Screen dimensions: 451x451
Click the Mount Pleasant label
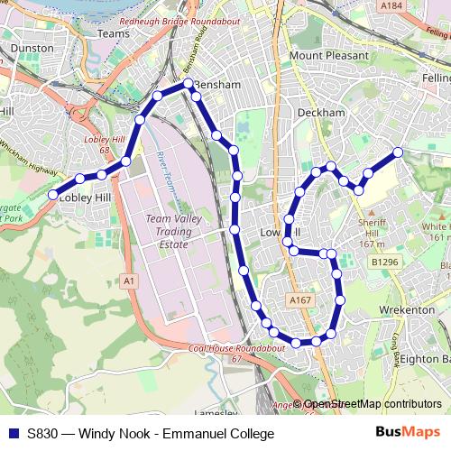tap(329, 56)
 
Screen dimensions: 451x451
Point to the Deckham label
tap(321, 113)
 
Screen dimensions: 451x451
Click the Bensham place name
tap(221, 85)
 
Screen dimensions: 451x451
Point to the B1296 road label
tap(382, 262)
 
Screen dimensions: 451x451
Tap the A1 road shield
tap(130, 282)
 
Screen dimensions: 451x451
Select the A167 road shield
tap(300, 299)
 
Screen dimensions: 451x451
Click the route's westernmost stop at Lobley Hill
tap(53, 195)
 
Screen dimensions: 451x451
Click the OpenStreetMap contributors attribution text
tap(373, 405)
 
